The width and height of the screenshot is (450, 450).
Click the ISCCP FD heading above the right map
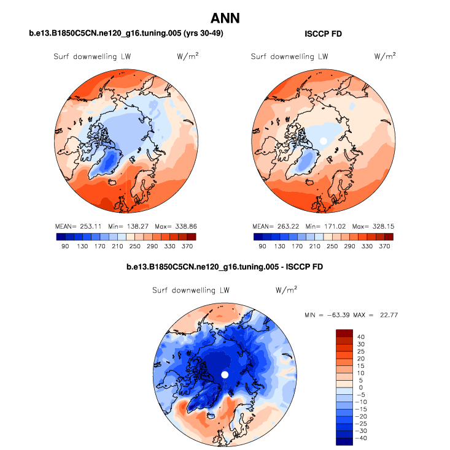tap(323, 34)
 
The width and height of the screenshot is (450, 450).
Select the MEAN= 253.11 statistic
tap(75, 225)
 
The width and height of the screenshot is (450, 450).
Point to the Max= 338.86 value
tap(175, 225)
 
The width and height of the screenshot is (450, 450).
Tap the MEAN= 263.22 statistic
tap(273, 225)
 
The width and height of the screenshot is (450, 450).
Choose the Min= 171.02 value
tap(325, 225)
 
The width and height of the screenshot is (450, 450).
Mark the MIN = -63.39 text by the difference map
tap(327, 315)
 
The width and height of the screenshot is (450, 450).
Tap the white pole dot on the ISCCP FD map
tap(324, 141)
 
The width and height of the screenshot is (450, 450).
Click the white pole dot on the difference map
tap(225, 374)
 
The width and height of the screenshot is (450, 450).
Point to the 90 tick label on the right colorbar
tap(262, 246)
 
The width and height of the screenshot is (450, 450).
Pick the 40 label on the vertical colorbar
tap(361, 337)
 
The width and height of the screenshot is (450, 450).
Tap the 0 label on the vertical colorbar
tap(361, 387)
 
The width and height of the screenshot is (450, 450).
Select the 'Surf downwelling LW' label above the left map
tap(91, 56)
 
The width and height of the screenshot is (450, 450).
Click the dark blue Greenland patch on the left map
tap(108, 162)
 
